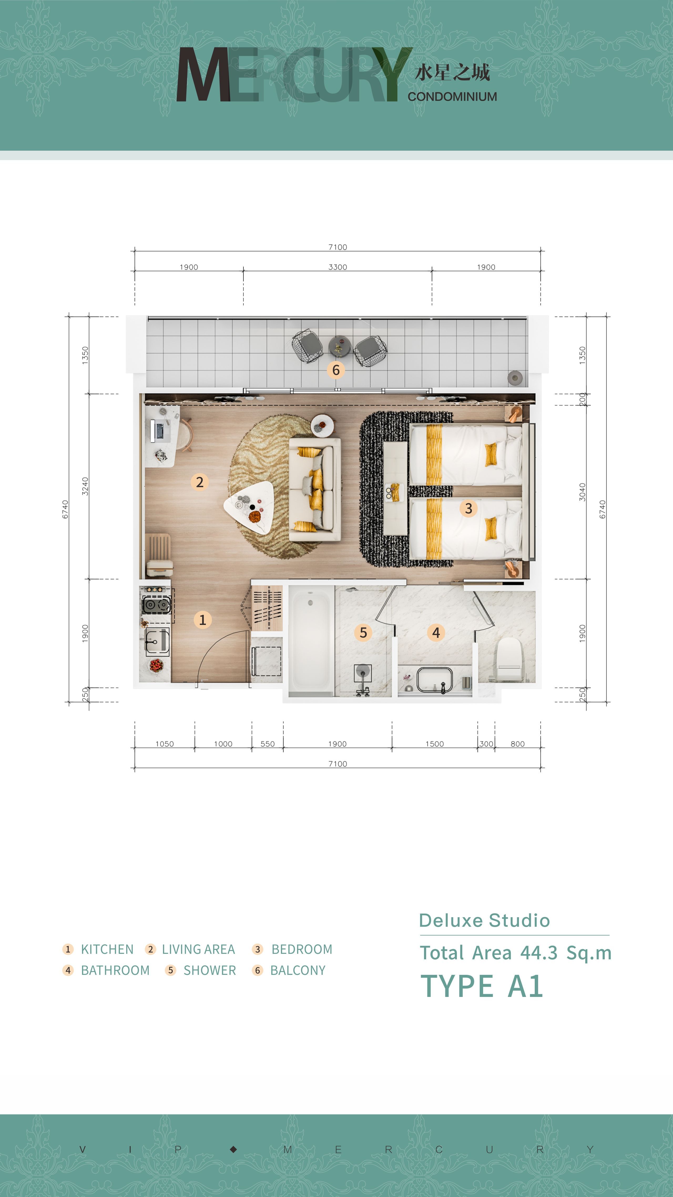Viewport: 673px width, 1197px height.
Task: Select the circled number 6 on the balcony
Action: point(335,370)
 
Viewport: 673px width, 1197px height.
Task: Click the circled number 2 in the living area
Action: point(199,482)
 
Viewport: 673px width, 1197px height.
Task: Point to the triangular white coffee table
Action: point(249,507)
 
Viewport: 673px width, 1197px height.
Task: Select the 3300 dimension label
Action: point(338,267)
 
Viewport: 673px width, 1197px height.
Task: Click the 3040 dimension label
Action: point(582,492)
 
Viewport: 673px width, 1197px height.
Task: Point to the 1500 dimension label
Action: point(435,744)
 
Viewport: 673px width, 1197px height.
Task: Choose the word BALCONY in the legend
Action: point(298,971)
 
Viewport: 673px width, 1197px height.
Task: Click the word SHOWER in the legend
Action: point(210,971)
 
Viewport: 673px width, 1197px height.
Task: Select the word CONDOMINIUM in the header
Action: point(452,97)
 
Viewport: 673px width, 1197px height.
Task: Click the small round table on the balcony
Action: point(339,346)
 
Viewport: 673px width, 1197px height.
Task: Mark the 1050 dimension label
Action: point(165,744)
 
